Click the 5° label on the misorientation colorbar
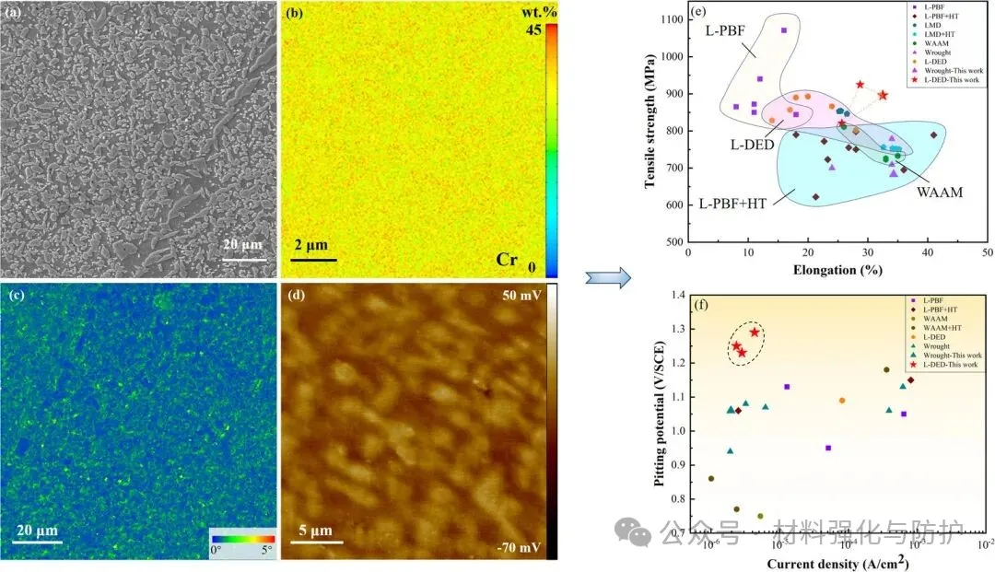[x=267, y=550]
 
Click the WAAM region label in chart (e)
[x=941, y=193]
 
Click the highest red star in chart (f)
[x=755, y=333]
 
